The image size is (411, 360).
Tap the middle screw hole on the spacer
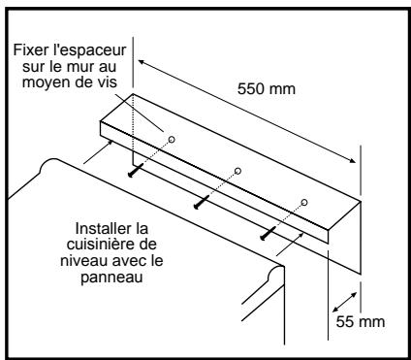point(237,171)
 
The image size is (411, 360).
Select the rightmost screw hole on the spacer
point(304,202)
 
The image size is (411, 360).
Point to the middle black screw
point(201,203)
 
